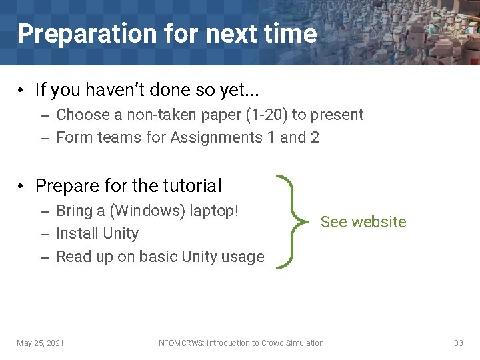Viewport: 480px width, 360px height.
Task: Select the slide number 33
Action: pyautogui.click(x=458, y=343)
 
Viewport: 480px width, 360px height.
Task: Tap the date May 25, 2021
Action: pyautogui.click(x=41, y=343)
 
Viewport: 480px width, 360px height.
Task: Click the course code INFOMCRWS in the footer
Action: pyautogui.click(x=180, y=343)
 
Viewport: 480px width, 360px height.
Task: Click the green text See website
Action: pyautogui.click(x=363, y=222)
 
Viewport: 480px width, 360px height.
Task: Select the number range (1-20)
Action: pyautogui.click(x=267, y=115)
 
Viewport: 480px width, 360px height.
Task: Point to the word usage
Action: pyautogui.click(x=244, y=257)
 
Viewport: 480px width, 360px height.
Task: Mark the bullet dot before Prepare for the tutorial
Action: pyautogui.click(x=22, y=185)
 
